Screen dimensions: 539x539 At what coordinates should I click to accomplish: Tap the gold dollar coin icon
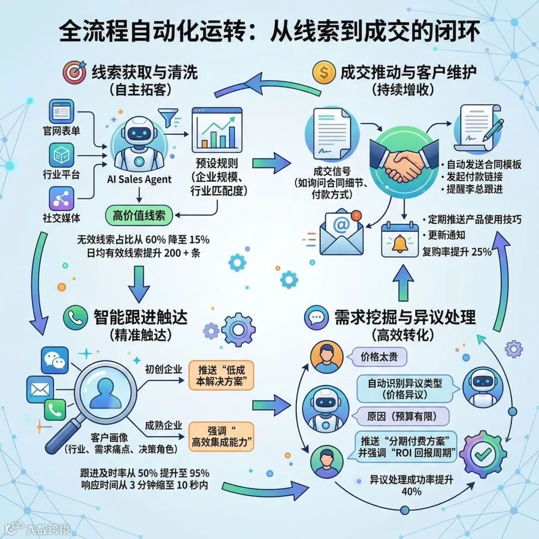coord(324,73)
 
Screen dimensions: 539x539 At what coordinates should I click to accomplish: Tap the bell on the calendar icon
coord(399,242)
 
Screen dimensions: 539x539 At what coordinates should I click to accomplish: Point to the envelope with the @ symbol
coord(341,232)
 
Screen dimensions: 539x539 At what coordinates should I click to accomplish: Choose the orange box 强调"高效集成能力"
coord(221,436)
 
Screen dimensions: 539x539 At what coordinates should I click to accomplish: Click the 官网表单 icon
coord(62,111)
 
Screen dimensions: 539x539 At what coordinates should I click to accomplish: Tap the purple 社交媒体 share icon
coord(62,199)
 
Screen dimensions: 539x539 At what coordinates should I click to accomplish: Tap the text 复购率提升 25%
coord(457,252)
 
